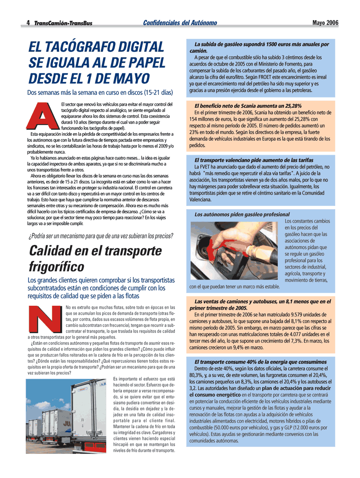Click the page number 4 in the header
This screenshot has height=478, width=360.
(x=28, y=23)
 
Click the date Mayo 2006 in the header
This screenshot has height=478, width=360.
(x=325, y=22)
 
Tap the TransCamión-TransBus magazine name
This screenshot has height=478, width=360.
(x=63, y=23)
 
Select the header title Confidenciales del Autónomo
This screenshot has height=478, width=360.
(x=180, y=22)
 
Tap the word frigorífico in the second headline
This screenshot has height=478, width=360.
(x=56, y=266)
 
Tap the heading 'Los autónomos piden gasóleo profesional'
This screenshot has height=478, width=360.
(x=242, y=214)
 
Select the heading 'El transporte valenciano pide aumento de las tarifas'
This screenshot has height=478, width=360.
(x=254, y=160)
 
